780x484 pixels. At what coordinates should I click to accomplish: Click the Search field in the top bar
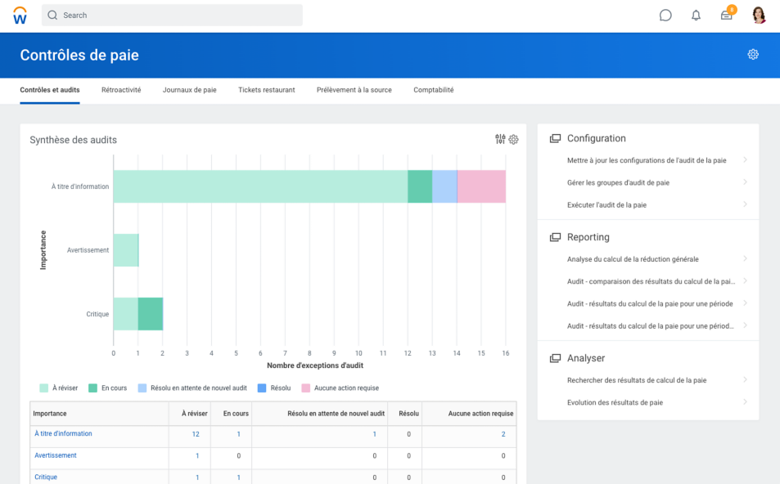[x=172, y=15]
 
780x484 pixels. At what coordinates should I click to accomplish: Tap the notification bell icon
[x=696, y=15]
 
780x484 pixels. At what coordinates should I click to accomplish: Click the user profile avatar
[x=759, y=15]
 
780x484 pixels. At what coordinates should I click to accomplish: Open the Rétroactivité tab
[x=121, y=90]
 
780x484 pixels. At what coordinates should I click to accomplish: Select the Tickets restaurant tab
[x=266, y=90]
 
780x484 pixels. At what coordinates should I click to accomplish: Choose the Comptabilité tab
[x=433, y=90]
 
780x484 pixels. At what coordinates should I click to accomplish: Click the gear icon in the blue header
[x=753, y=54]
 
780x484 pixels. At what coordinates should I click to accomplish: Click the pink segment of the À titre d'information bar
[x=480, y=186]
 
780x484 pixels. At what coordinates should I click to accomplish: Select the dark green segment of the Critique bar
[x=151, y=314]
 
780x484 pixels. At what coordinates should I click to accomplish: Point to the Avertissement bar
[x=126, y=250]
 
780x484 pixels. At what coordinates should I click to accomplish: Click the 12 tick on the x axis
[x=408, y=353]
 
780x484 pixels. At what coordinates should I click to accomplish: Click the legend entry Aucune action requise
[x=346, y=388]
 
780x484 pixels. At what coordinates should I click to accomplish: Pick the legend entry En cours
[x=114, y=388]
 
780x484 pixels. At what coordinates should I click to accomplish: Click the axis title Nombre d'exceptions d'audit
[x=315, y=365]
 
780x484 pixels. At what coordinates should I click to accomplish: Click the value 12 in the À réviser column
[x=196, y=434]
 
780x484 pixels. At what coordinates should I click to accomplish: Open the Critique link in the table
[x=46, y=477]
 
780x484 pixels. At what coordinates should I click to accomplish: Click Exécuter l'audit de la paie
[x=606, y=204]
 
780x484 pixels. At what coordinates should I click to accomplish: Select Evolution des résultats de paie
[x=614, y=402]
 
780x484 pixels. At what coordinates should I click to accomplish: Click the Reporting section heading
[x=588, y=237]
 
